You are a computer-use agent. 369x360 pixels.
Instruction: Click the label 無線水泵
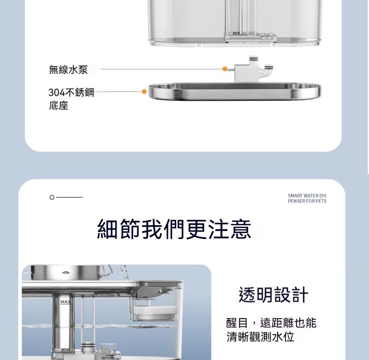tap(68, 70)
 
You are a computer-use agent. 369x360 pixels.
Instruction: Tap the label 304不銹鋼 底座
tap(71, 99)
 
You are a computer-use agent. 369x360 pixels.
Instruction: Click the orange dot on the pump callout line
tap(225, 69)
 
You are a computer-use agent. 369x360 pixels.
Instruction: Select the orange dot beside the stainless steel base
tap(144, 91)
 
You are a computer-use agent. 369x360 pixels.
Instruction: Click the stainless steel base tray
tap(235, 91)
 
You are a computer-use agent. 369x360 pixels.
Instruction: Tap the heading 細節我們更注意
tap(174, 229)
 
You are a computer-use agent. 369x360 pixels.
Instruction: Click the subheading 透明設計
tap(273, 295)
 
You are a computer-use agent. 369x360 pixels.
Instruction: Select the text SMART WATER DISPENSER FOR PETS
tap(307, 198)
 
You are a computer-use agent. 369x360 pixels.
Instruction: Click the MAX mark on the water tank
tap(65, 302)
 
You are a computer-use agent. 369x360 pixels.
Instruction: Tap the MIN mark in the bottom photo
tap(65, 350)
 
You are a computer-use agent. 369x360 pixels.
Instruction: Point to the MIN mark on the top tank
tap(236, 33)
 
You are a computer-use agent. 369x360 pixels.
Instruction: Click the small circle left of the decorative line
tap(52, 197)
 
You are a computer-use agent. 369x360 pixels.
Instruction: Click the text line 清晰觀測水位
tap(260, 337)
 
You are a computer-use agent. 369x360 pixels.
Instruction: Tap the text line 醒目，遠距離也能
tap(271, 323)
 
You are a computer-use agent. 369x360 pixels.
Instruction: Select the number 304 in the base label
tap(57, 92)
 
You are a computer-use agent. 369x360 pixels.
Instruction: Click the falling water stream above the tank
tap(124, 272)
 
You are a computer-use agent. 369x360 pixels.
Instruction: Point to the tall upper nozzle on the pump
tap(253, 60)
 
